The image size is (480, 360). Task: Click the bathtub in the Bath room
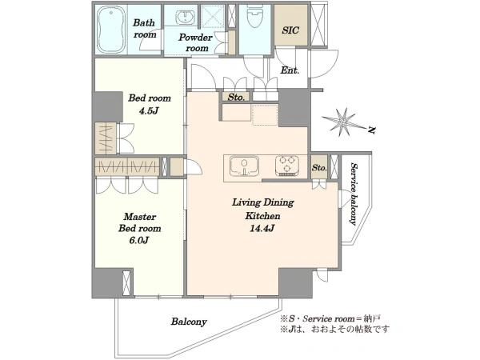coord(111,30)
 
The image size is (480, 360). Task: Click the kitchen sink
coord(244,166)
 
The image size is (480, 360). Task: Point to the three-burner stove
coord(287,166)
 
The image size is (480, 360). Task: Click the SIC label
coord(290,30)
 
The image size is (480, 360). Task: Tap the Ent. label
coord(290,70)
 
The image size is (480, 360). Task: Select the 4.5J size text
coord(149,110)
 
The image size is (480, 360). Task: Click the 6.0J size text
coord(139,240)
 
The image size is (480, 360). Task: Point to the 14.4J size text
coord(262,228)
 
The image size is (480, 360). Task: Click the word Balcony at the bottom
coord(189,322)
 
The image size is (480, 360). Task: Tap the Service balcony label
coord(354,194)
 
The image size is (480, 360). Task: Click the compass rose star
coord(343,122)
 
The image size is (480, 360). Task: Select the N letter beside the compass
coord(371,130)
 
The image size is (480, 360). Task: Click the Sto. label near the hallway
coord(236,98)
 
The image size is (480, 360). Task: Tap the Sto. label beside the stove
coord(319,167)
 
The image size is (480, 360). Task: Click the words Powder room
coord(196,42)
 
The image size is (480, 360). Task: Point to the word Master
coord(140,217)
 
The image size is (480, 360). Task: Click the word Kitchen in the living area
coord(262,216)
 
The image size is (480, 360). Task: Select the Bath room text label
coord(145,29)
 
